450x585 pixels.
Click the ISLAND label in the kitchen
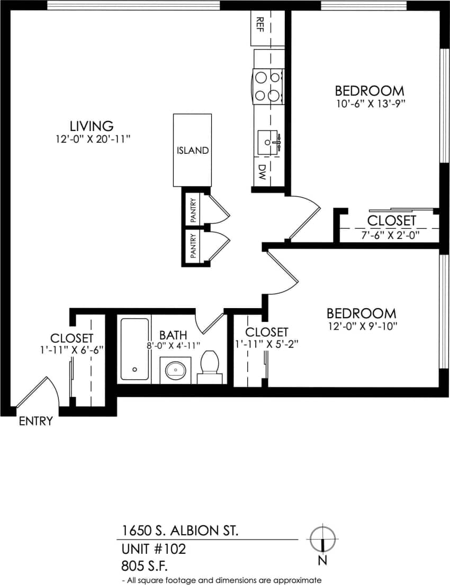tap(192, 151)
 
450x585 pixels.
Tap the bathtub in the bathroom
tap(134, 348)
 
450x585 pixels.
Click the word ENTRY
tap(36, 421)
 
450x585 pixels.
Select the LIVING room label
tap(92, 126)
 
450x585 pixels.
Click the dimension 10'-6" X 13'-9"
tap(369, 104)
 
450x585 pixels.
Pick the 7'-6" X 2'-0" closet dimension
tap(391, 235)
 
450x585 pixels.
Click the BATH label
tap(173, 335)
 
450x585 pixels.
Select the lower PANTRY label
tap(193, 246)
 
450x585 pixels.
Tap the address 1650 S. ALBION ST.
tap(180, 530)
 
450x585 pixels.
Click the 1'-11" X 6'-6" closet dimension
tap(72, 349)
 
